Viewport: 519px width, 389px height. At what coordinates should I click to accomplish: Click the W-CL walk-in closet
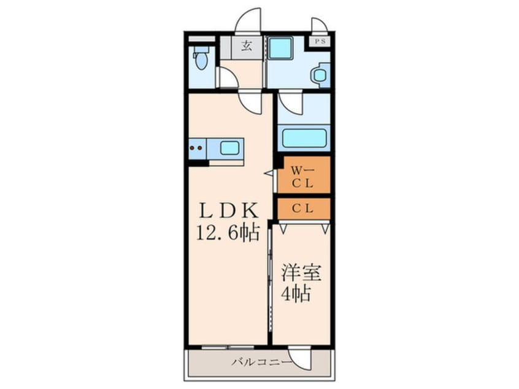(x=303, y=175)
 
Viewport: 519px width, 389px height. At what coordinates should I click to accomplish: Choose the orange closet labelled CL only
(x=303, y=208)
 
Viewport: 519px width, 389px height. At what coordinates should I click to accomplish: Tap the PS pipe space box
(x=320, y=42)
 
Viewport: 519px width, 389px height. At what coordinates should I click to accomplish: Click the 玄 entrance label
(x=245, y=46)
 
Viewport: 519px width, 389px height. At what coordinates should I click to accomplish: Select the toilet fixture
(x=201, y=61)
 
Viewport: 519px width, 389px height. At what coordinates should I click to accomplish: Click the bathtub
(x=304, y=137)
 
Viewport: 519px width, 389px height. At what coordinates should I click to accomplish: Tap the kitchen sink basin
(x=229, y=147)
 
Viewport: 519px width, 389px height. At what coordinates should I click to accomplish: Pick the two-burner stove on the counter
(x=197, y=147)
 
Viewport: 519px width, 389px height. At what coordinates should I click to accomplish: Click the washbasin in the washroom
(x=319, y=75)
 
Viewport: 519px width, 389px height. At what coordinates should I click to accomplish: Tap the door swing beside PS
(x=319, y=26)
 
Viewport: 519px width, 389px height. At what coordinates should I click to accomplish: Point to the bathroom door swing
(x=289, y=102)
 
